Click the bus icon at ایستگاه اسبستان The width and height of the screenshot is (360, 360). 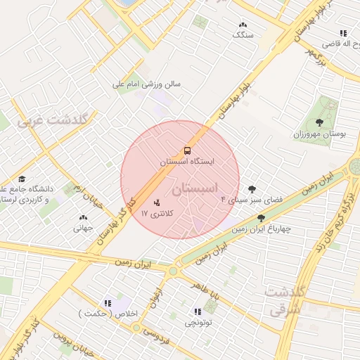pos(187,150)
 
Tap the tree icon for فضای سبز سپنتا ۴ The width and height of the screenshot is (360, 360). pos(252,189)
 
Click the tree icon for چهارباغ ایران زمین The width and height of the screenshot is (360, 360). pos(262,218)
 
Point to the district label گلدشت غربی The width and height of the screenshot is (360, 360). pos(53,120)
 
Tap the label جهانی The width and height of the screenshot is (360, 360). pos(83,228)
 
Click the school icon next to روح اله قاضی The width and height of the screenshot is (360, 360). pos(343,33)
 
